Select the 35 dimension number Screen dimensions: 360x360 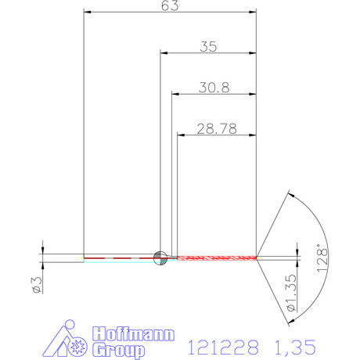207,46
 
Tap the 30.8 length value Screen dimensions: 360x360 213,88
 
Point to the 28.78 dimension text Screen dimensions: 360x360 217,127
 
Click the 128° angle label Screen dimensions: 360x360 322,256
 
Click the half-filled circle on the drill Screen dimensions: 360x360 160,257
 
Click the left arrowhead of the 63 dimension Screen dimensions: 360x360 88,13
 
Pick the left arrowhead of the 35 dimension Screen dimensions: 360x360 165,53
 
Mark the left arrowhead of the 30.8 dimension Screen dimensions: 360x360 175,94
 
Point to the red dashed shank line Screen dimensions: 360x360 117,257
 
